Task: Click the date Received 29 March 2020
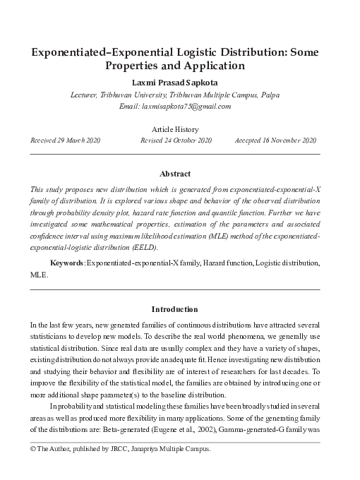65,140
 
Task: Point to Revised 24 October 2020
176,140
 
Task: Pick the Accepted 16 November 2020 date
275,140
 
